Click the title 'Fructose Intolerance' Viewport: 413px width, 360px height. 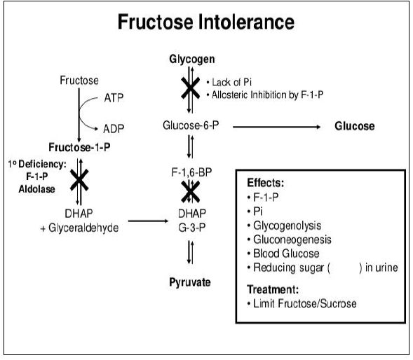(206, 22)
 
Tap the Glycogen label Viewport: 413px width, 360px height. (192, 60)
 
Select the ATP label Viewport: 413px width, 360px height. (114, 98)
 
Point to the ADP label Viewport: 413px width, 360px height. (114, 129)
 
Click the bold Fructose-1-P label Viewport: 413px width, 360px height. (79, 147)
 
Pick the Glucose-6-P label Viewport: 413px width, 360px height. (191, 125)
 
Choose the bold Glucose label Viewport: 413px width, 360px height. (355, 126)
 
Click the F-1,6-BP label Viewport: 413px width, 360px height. (191, 172)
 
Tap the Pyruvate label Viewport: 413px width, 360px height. (190, 282)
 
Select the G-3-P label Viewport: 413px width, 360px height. (191, 228)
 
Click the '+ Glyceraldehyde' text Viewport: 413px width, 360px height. (79, 228)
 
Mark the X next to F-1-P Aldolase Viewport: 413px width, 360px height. (79, 180)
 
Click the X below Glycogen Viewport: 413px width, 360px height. (190, 88)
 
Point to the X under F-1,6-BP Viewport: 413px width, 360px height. (190, 192)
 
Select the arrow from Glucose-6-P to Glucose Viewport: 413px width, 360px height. (276, 127)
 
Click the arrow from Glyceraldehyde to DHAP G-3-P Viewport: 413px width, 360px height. (148, 221)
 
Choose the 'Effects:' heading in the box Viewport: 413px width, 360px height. (266, 183)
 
